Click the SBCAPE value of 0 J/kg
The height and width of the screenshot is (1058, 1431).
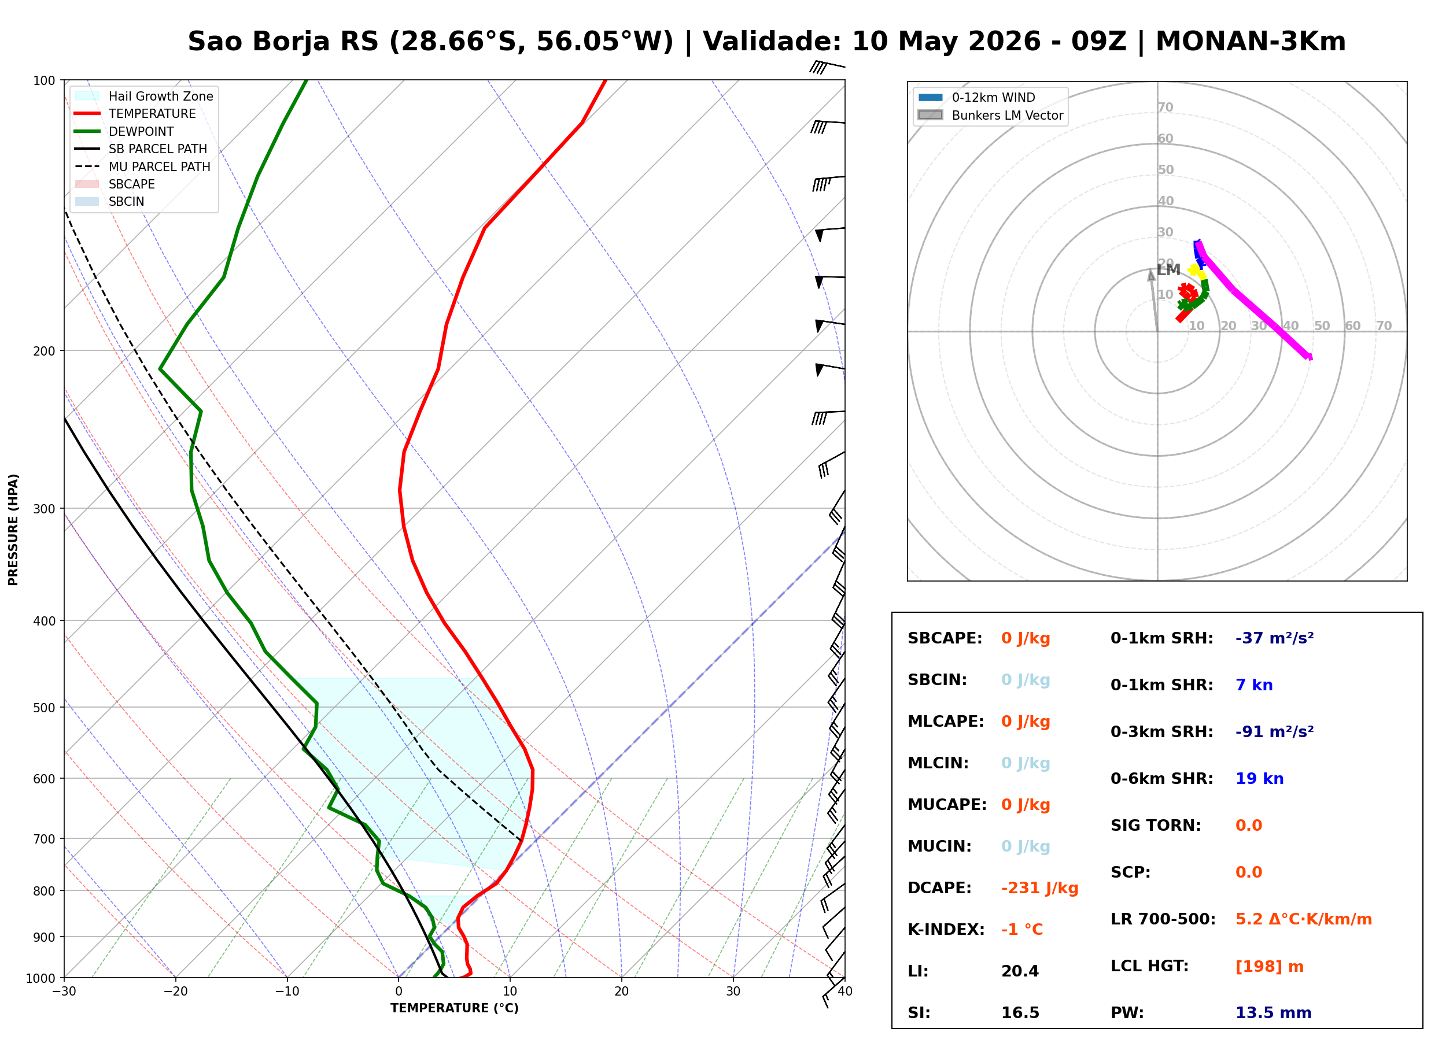1026,638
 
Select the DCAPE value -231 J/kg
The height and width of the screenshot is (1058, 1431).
1039,888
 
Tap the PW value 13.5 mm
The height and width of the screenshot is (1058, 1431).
1274,1013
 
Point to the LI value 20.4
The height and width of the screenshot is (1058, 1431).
1020,971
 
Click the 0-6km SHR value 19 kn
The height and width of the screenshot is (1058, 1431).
1259,779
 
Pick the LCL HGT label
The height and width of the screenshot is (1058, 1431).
1149,967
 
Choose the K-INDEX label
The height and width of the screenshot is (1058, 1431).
946,930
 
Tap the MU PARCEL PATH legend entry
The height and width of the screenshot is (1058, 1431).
142,167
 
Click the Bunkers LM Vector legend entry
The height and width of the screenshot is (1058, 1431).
990,115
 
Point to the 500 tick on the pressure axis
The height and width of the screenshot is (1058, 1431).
44,708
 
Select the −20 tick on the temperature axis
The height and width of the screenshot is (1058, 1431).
175,992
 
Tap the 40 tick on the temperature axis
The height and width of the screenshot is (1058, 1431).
845,992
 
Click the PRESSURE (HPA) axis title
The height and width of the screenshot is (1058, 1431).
13,530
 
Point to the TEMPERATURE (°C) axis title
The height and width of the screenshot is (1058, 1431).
455,1008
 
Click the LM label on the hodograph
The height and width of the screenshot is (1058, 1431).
1168,269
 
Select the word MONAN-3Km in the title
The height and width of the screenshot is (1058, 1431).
1251,42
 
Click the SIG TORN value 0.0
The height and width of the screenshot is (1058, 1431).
1248,826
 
